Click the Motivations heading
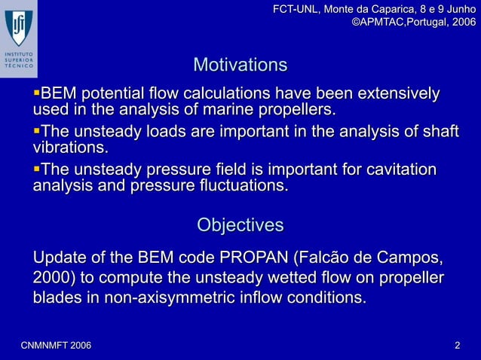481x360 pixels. [240, 65]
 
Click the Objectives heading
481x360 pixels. [240, 225]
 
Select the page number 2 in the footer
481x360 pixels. [457, 345]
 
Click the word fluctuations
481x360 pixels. [235, 185]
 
